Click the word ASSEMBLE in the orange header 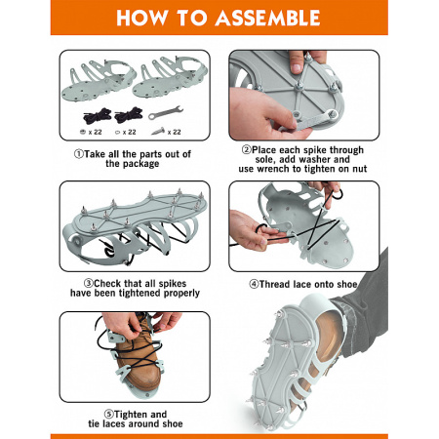pyautogui.click(x=268, y=18)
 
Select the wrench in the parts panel pyautogui.click(x=166, y=112)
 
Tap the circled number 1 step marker pyautogui.click(x=79, y=154)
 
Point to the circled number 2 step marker pyautogui.click(x=247, y=150)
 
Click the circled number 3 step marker pyautogui.click(x=88, y=283)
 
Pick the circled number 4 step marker pyautogui.click(x=254, y=284)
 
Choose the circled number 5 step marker pyautogui.click(x=109, y=415)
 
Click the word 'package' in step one pyautogui.click(x=140, y=164)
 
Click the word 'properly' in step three pyautogui.click(x=181, y=294)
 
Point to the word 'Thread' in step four pyautogui.click(x=275, y=284)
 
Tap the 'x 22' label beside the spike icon pyautogui.click(x=174, y=132)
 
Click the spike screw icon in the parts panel pyautogui.click(x=159, y=132)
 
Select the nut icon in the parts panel pyautogui.click(x=83, y=132)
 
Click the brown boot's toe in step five pyautogui.click(x=143, y=383)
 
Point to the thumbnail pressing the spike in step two pyautogui.click(x=296, y=68)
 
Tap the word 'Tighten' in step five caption pyautogui.click(x=131, y=415)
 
